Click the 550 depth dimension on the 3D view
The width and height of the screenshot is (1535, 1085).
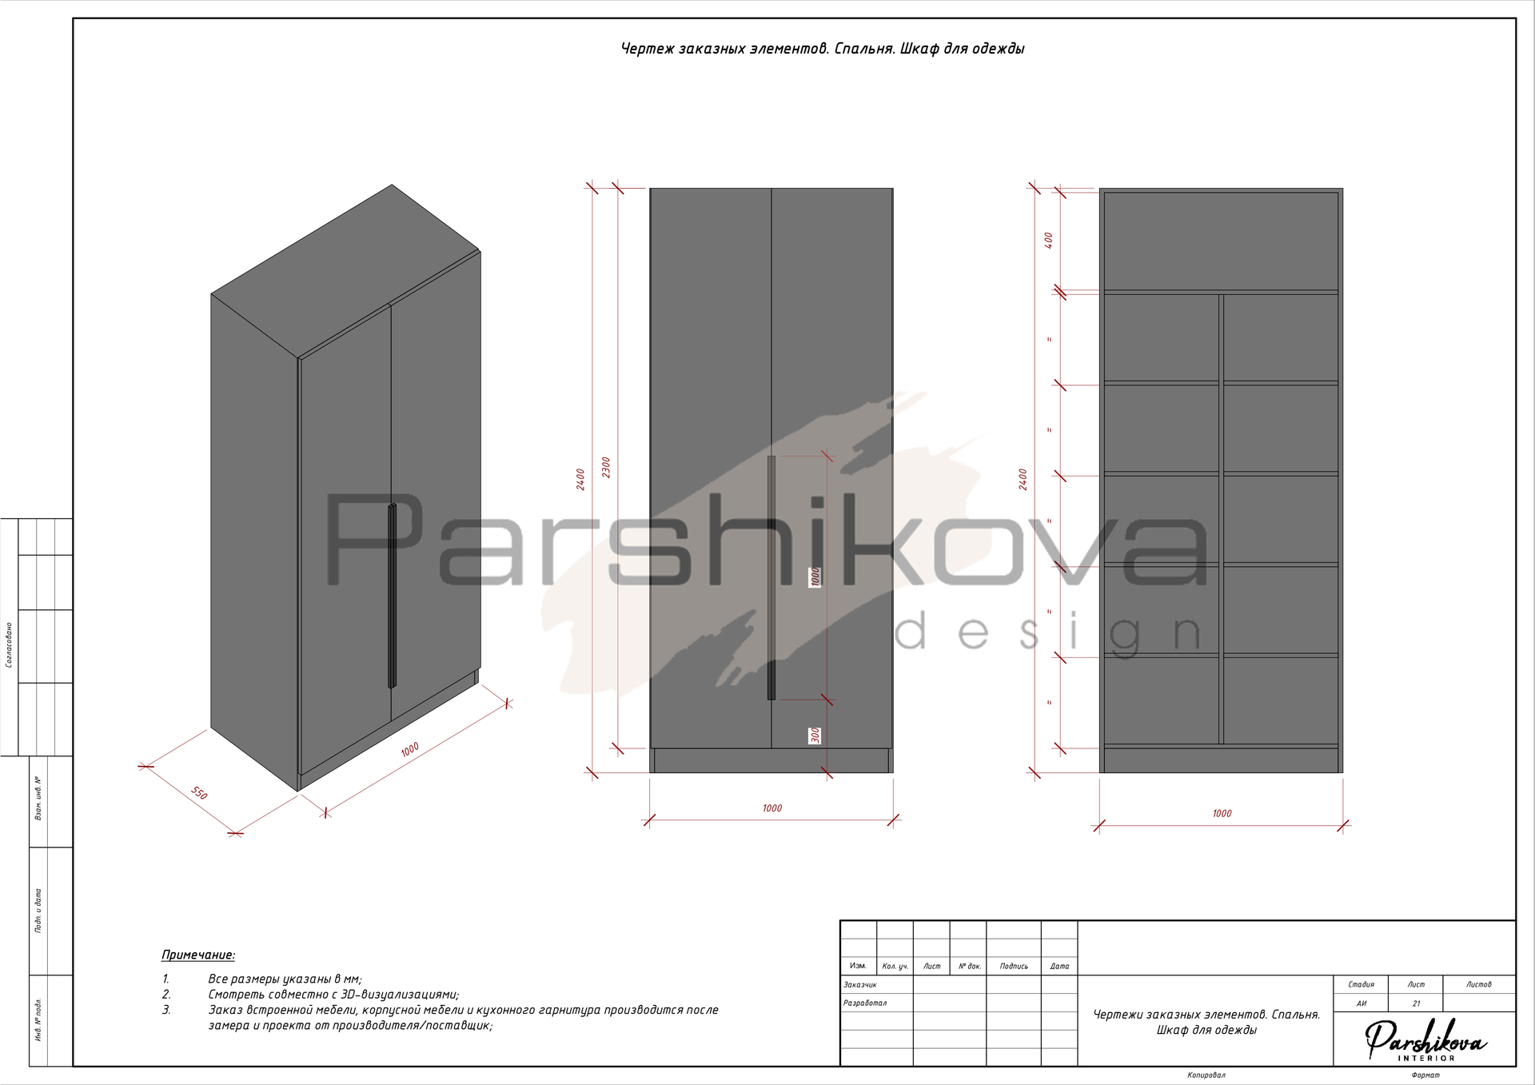(199, 793)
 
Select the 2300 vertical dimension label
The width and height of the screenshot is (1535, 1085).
(606, 468)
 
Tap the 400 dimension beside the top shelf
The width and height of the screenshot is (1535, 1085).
(1049, 240)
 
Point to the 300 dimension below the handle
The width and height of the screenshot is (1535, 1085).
(815, 735)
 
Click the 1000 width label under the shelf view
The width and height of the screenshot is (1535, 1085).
(1222, 813)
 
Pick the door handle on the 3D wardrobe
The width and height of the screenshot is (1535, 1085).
(392, 596)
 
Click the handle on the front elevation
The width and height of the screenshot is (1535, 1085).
(771, 577)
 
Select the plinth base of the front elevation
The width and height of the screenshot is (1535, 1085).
(771, 760)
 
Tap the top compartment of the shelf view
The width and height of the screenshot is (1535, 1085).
(1221, 241)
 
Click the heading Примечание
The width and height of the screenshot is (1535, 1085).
(198, 955)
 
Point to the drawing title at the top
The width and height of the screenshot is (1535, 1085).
(823, 49)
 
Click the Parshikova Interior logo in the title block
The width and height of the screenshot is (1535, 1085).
(1425, 1039)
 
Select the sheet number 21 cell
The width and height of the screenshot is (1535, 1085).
(1416, 1003)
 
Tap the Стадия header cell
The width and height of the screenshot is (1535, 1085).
(1361, 984)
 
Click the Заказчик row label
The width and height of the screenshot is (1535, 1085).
(860, 985)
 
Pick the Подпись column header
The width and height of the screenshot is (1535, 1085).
(1014, 966)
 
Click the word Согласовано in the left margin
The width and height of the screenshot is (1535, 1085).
(9, 644)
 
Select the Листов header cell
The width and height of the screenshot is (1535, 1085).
(1479, 984)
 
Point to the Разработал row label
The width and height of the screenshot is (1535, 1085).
(865, 1003)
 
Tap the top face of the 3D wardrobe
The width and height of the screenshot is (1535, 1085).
(345, 272)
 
